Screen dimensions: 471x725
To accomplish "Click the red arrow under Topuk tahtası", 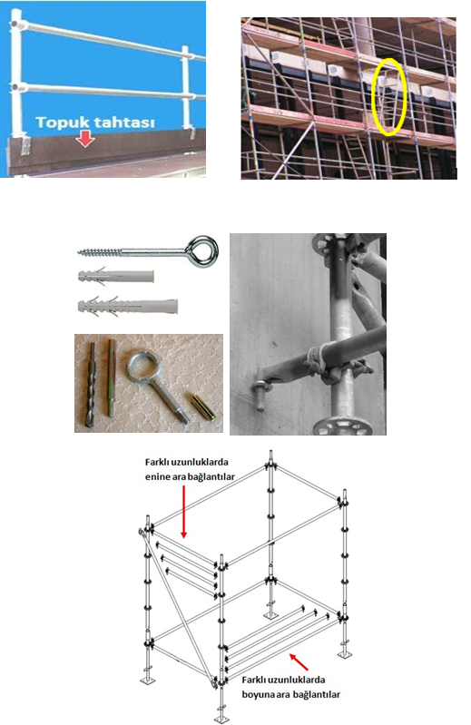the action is click(x=84, y=139).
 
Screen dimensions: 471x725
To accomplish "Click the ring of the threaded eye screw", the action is click(x=202, y=251).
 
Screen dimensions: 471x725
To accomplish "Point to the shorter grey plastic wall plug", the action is click(x=116, y=277).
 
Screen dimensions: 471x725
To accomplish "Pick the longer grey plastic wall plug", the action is click(x=128, y=307).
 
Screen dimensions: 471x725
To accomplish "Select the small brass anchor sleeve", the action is click(x=202, y=407).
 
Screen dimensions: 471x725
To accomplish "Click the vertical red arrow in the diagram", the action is click(x=183, y=512).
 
